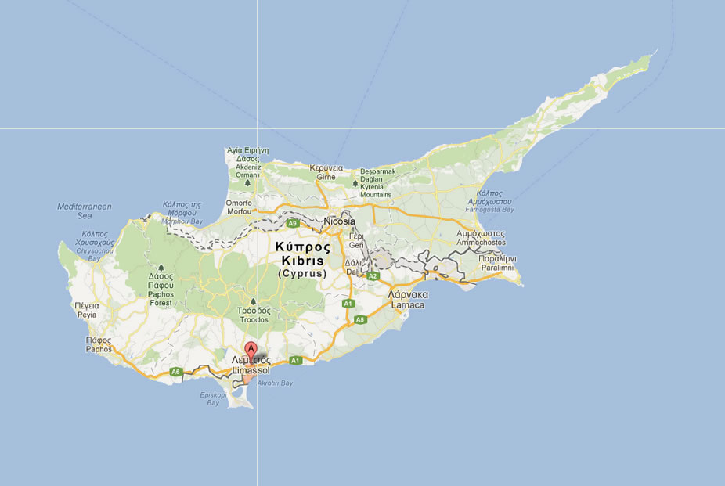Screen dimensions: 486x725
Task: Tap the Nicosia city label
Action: pos(339,221)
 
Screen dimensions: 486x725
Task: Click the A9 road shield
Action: pos(292,224)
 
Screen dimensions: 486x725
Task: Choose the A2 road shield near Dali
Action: pos(373,275)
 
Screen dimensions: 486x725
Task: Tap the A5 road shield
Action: pos(360,319)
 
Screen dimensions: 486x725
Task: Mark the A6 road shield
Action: pos(176,371)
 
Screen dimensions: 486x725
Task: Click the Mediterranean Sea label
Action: pos(85,211)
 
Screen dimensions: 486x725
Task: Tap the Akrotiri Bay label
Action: pos(275,383)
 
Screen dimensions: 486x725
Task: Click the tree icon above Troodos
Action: pos(252,301)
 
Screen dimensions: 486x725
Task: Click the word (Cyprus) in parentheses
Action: pos(302,274)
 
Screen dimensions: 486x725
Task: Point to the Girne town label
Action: pos(326,178)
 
